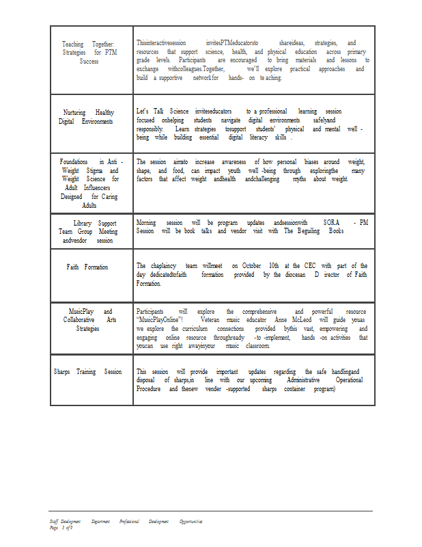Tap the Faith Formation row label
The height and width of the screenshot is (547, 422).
[x=87, y=267]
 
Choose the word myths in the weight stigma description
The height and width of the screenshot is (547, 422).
[x=299, y=178]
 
